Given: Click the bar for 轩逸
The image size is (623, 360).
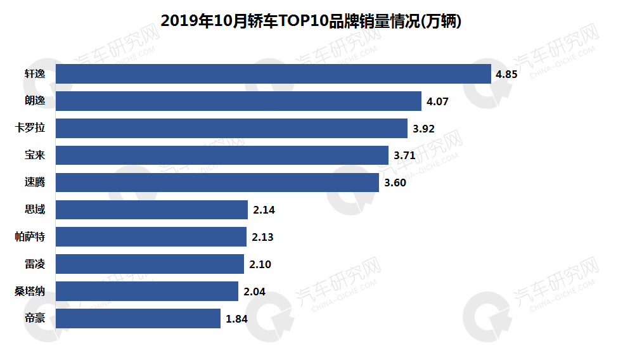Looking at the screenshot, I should (x=273, y=74).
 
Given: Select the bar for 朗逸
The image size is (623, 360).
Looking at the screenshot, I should (x=238, y=101).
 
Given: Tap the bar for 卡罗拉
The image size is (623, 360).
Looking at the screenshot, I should (x=231, y=128).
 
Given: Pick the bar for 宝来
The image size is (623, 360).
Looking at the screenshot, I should (x=222, y=155).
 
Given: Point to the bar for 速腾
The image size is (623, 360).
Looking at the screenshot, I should (x=218, y=183).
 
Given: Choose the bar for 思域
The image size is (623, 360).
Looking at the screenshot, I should (x=151, y=210).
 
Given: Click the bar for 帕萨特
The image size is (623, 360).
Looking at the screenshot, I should (x=151, y=237).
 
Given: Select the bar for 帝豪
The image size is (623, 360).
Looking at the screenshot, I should (x=138, y=319).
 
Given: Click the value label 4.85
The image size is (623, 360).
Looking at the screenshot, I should (x=507, y=74).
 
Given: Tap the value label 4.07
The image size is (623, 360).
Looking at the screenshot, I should (x=437, y=101).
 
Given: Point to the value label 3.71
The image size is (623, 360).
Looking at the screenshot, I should (x=404, y=156).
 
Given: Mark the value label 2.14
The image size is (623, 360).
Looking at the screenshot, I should (x=264, y=210).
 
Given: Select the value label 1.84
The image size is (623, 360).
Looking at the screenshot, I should (x=236, y=319).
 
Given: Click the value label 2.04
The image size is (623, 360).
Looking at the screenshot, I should (x=254, y=292).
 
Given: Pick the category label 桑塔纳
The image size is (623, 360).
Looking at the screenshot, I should (x=30, y=292).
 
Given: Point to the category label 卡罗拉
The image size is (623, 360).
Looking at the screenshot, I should (x=30, y=128).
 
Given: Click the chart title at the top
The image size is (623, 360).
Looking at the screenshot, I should (x=311, y=21).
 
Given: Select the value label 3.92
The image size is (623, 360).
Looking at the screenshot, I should (x=423, y=129).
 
